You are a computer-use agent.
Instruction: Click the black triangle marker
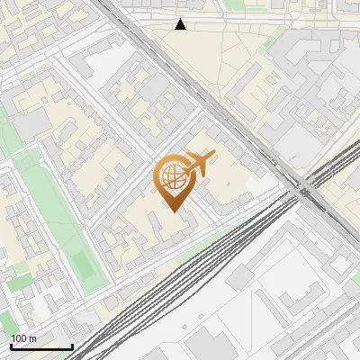[x=181, y=24]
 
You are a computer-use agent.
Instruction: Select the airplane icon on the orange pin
[x=199, y=165]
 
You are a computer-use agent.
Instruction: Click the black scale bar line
[x=41, y=347]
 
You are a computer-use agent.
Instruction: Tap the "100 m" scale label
[x=24, y=338]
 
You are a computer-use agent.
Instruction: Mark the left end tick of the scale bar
[x=11, y=346]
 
